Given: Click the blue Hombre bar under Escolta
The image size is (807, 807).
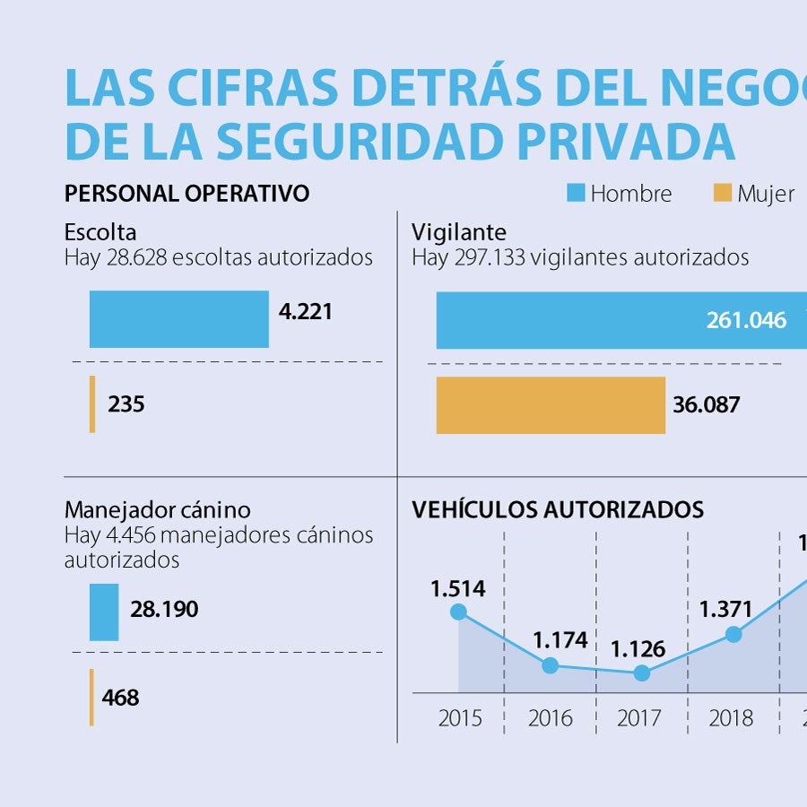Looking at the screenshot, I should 178,319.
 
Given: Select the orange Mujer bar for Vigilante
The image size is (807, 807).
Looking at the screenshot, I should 551,405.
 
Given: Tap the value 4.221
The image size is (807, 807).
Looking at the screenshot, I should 305,312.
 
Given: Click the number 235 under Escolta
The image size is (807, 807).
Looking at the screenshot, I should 126,404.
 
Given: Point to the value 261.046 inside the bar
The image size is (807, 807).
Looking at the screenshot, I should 746,320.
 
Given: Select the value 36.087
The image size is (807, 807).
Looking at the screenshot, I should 707,404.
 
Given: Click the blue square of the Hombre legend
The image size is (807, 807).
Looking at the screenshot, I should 576,193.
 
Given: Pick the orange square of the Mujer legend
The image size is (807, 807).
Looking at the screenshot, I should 722,193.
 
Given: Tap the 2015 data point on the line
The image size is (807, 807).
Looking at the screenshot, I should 458,612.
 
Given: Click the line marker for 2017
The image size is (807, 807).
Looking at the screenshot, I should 642,672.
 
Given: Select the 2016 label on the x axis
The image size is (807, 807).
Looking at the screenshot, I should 551,718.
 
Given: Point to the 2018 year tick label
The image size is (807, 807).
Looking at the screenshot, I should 731,718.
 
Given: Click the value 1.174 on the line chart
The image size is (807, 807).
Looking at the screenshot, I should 560,640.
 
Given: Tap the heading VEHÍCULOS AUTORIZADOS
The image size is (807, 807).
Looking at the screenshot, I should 558,510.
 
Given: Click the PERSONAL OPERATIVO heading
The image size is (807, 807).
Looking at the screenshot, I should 187,193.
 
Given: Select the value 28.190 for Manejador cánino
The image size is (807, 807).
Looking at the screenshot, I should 164,610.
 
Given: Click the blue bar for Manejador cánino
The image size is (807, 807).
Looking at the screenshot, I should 104,612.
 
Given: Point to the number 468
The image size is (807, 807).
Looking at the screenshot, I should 120,697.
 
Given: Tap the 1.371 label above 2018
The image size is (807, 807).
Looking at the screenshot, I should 726,610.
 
